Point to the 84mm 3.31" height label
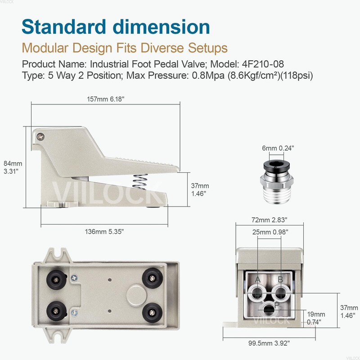click(12, 167)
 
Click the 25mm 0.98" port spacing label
click(269, 232)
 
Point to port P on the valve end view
click(269, 309)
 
